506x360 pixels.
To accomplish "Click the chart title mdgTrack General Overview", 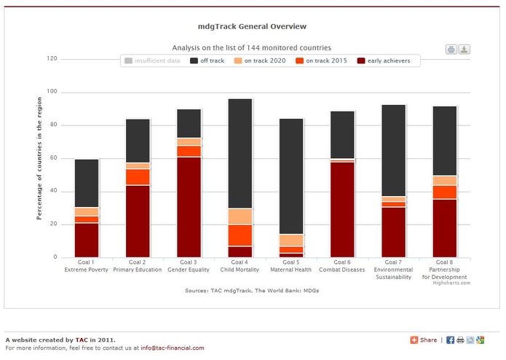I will (252, 26).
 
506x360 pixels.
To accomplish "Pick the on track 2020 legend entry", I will (262, 61).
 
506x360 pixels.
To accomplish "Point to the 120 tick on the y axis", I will (52, 58).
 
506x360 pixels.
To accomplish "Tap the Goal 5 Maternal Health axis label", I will (290, 265).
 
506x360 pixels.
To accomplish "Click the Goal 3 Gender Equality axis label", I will (189, 265).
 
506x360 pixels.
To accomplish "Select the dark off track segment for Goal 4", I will (240, 153).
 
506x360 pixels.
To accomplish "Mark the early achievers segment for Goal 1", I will (87, 240).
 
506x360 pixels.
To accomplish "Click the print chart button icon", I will (451, 50).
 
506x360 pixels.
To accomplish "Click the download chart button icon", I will (464, 50).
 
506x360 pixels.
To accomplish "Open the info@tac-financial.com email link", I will (173, 348).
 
